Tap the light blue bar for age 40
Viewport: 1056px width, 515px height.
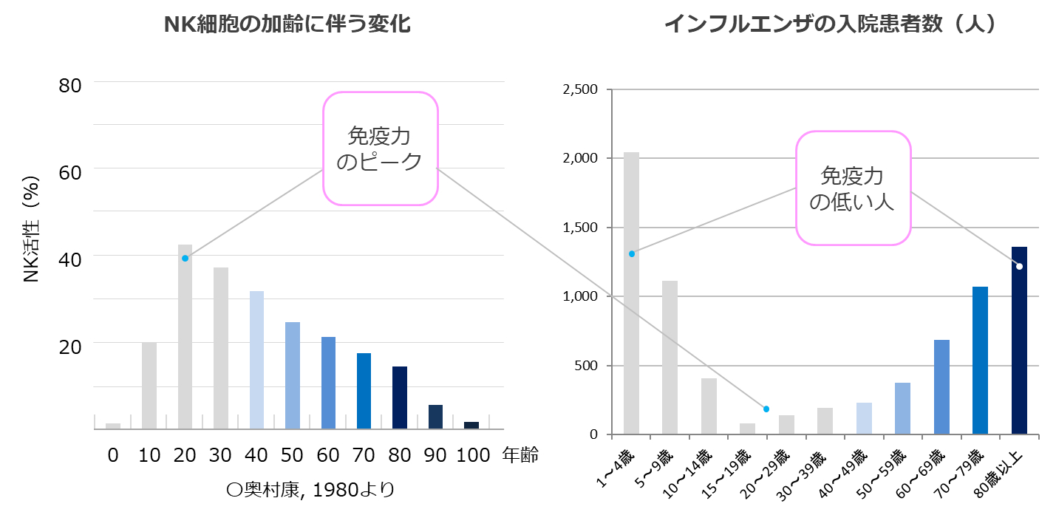256,360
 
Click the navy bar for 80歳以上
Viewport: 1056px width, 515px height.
1019,341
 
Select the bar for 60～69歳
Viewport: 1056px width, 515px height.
941,387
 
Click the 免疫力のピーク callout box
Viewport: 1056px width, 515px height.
381,149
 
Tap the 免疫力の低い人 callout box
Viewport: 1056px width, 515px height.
852,188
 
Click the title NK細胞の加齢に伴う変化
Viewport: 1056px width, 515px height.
287,24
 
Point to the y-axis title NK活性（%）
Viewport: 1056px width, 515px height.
32,230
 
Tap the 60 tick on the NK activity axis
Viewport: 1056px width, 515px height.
70,171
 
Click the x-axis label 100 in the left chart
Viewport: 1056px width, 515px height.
472,455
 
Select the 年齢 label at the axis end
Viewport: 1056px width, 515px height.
520,455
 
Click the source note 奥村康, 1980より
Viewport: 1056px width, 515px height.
310,489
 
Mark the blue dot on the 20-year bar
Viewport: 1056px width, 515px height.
185,258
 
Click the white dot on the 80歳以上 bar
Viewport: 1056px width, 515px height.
1019,266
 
